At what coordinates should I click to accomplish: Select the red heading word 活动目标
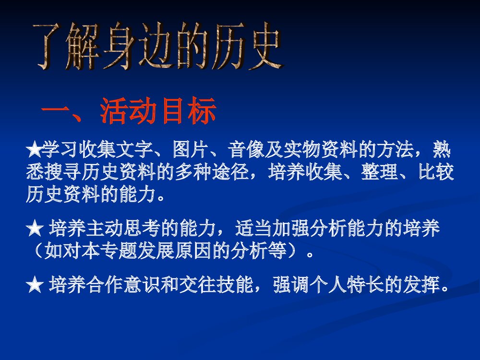[x=158, y=112]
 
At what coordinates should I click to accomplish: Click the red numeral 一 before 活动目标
[x=56, y=113]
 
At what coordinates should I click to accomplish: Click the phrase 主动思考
[x=120, y=230]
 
